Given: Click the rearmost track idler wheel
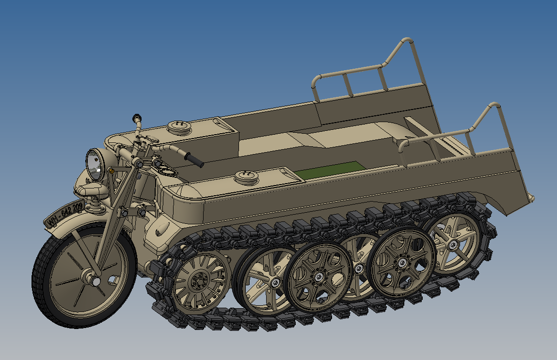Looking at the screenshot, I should coord(453,245).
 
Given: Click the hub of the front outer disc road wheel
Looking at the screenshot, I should coord(318,277).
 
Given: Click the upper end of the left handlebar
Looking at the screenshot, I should coord(136,118).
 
